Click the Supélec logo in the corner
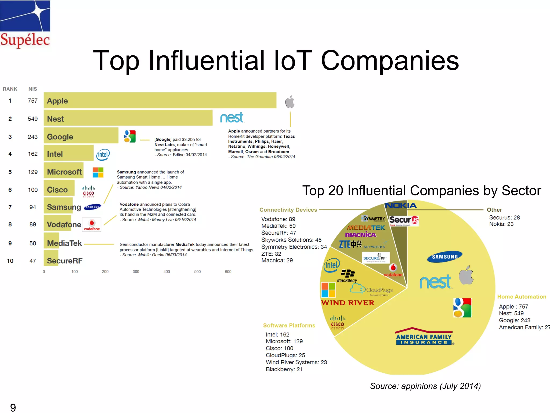coord(25,24)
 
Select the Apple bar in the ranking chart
coord(160,101)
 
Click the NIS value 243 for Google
coord(32,137)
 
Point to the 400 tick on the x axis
coord(167,272)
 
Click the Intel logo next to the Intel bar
coord(103,155)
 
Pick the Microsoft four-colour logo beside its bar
coord(98,172)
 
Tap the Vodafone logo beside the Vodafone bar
coord(92,225)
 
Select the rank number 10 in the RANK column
coord(10,261)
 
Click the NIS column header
coord(32,89)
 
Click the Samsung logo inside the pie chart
coord(444,257)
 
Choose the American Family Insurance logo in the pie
coord(424,337)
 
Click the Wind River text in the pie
coord(348,303)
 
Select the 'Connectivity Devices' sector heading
coord(288,210)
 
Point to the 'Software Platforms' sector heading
coord(289,325)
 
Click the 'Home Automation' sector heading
coord(522,297)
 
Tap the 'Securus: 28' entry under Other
coord(504,218)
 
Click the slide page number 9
coord(13,407)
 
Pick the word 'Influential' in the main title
coord(207,61)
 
